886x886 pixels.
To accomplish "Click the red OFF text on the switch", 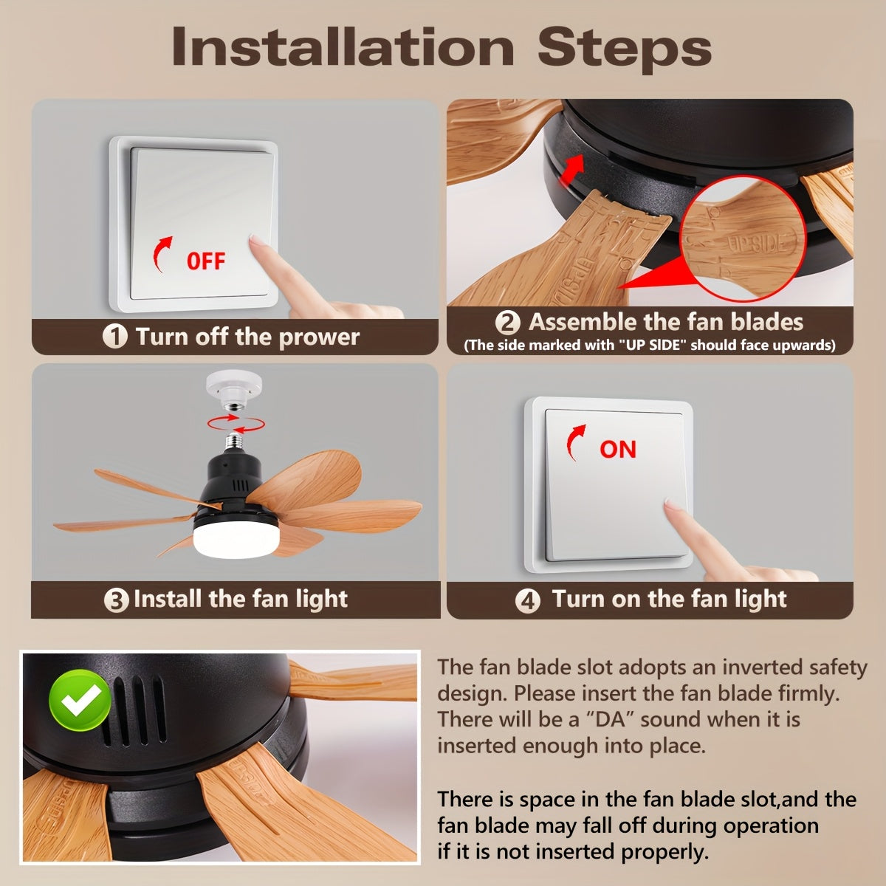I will click(205, 261).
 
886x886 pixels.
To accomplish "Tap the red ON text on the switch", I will click(617, 449).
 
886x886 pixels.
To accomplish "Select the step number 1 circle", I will click(114, 337).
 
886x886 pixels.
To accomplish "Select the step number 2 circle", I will click(507, 323).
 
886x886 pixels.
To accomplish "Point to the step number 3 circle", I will click(116, 600).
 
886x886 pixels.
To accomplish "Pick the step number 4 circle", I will click(527, 600).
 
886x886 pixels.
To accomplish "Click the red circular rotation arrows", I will click(236, 422).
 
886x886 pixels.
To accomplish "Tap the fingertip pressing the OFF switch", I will click(255, 241).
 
